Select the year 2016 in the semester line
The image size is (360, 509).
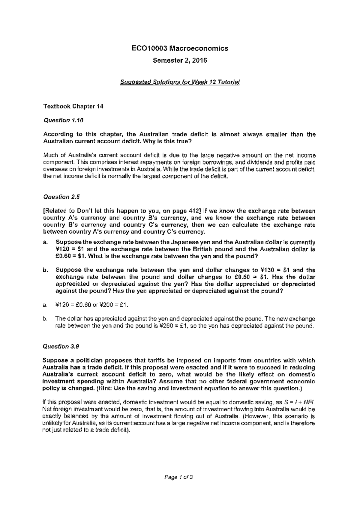coord(199,61)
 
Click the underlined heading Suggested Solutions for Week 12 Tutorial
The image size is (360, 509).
coord(180,82)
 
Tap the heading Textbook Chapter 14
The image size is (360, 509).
coord(73,106)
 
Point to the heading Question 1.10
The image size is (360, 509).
coord(63,120)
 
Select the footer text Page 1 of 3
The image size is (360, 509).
coord(180,477)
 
